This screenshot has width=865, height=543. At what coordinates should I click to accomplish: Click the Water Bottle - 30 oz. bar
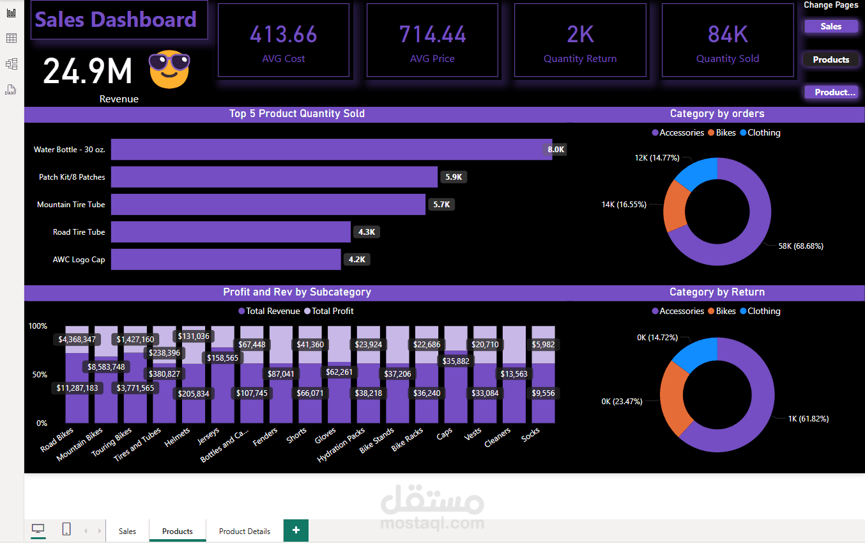[331, 149]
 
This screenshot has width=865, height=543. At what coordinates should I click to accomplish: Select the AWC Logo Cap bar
[226, 260]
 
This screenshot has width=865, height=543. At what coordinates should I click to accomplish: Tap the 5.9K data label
[453, 177]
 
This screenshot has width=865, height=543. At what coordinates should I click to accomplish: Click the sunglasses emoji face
[169, 70]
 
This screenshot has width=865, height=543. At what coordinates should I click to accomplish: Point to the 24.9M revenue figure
[88, 70]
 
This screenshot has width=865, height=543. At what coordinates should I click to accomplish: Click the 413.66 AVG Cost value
[283, 35]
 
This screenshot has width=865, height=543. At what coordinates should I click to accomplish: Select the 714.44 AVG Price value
[432, 35]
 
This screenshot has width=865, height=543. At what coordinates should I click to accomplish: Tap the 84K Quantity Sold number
[727, 35]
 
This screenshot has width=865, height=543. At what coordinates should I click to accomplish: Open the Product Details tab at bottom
[244, 531]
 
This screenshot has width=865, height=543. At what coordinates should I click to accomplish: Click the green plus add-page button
[296, 530]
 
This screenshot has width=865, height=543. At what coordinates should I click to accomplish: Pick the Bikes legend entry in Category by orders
[721, 133]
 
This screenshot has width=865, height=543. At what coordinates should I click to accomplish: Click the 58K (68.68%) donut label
[800, 246]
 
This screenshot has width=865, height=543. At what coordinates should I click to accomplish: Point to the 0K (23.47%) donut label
[624, 401]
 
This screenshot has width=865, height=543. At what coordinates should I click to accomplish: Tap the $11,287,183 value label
[77, 388]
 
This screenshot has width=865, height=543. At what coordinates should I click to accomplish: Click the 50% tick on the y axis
[38, 374]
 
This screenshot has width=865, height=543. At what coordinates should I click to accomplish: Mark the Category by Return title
[717, 292]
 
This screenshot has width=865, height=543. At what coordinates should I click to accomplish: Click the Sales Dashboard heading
[116, 20]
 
